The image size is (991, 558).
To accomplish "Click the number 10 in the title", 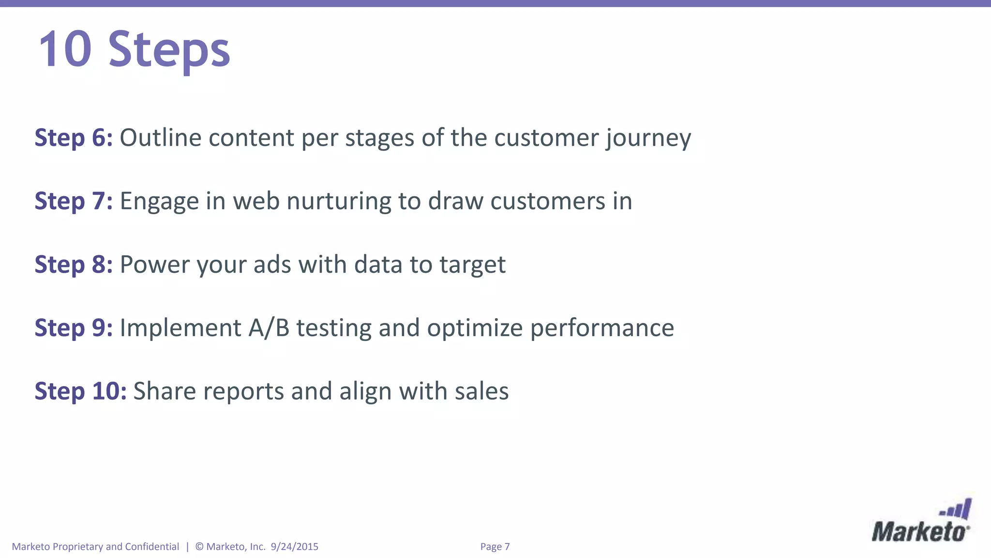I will point(65,49).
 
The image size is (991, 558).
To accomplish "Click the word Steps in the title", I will point(169,50).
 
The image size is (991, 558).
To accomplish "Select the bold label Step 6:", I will point(74,138).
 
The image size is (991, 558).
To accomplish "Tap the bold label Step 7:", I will point(74,201).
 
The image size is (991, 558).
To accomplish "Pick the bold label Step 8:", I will point(74,264).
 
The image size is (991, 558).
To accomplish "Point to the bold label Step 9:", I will point(74,328).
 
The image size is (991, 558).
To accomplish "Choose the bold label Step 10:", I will point(80,391).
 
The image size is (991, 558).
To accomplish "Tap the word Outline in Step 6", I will point(160,138).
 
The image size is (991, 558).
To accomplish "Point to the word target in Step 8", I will point(472,265).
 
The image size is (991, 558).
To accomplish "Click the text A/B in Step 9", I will point(269,328).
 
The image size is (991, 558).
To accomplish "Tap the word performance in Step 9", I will point(602,329).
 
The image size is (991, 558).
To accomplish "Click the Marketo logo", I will point(921,522).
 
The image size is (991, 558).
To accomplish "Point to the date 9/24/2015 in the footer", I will point(295,547).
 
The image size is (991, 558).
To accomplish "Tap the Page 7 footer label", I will point(495,547).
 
